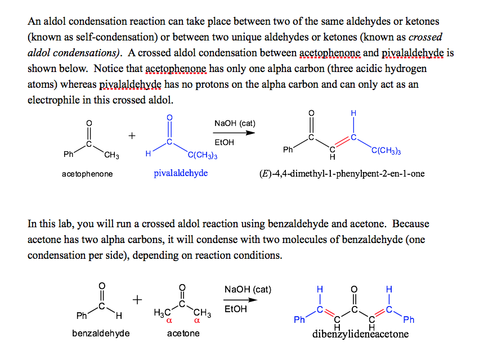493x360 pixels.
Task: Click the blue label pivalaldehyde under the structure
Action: click(x=181, y=173)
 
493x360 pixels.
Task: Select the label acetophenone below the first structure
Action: click(x=87, y=174)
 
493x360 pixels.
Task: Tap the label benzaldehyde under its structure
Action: click(x=101, y=334)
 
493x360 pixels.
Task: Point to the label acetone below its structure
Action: click(x=183, y=334)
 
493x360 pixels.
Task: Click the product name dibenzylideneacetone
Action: click(x=360, y=335)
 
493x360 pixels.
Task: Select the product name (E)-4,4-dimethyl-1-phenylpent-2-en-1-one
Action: click(x=342, y=173)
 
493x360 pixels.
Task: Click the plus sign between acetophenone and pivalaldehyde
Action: click(x=132, y=136)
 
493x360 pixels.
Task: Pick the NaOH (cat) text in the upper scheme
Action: click(x=235, y=123)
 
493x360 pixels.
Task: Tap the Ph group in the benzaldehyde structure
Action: click(x=82, y=316)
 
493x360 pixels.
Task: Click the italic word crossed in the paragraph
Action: click(x=425, y=38)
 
